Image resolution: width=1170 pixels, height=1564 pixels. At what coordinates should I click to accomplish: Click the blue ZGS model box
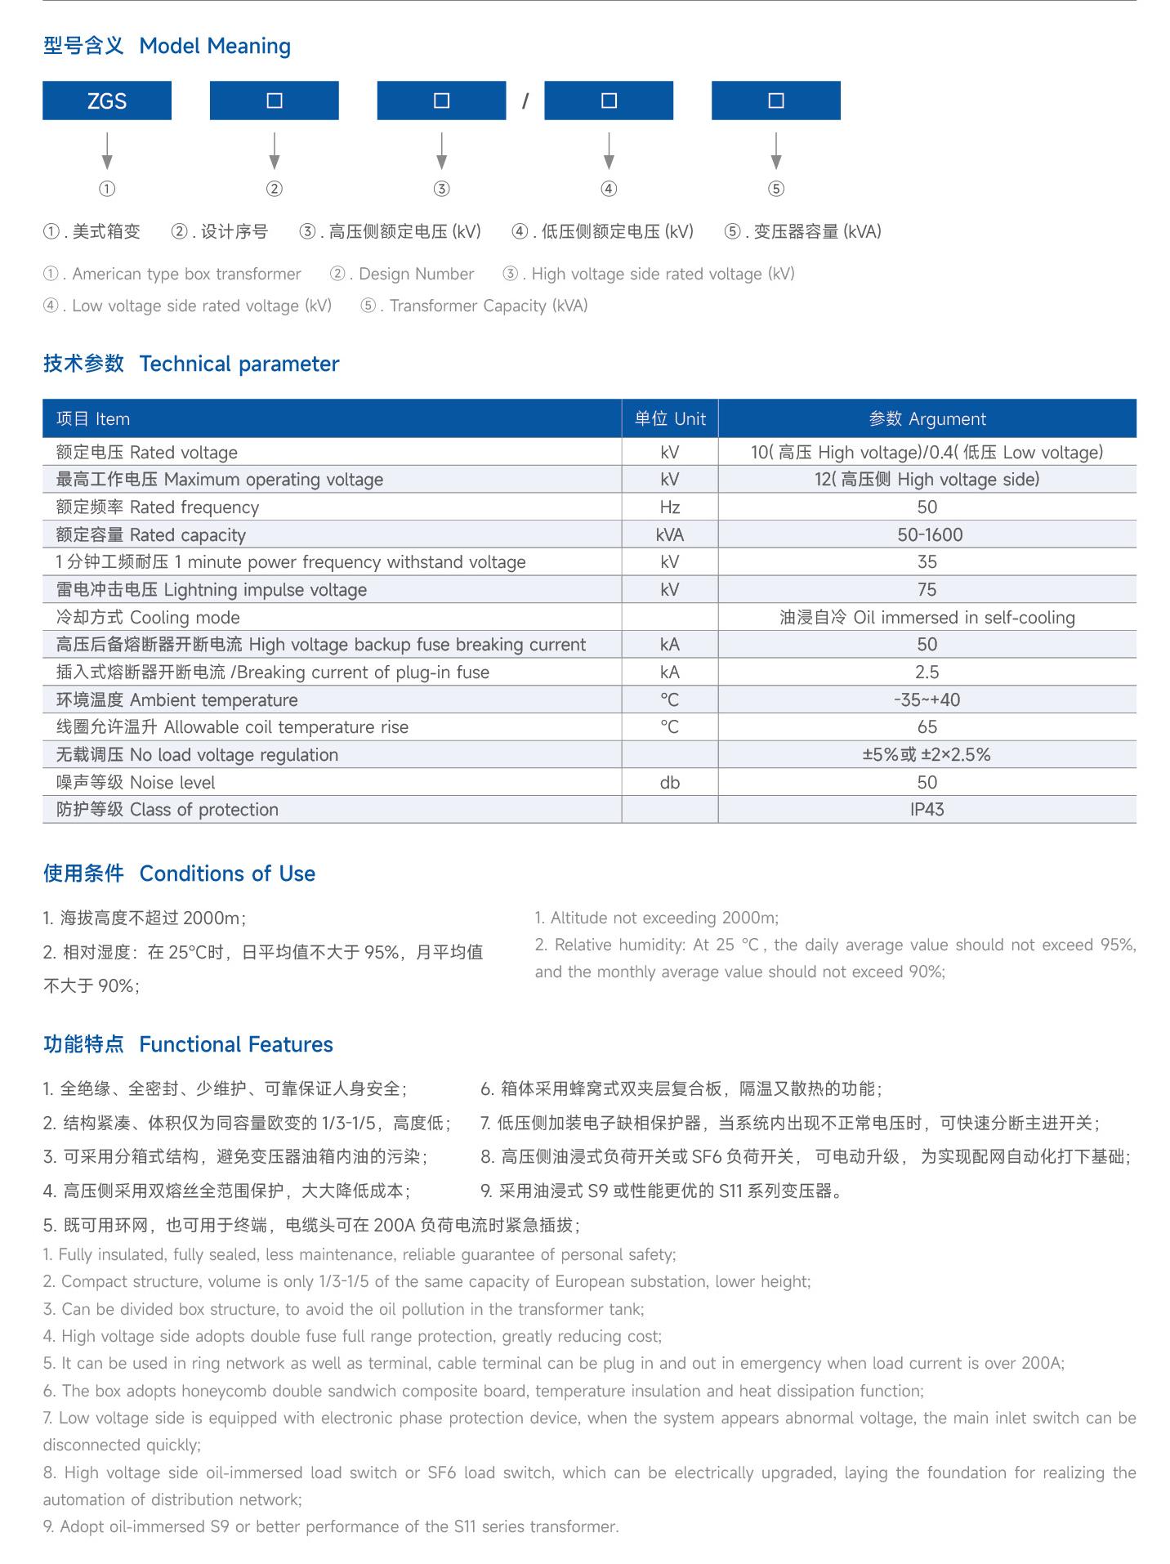pos(107,101)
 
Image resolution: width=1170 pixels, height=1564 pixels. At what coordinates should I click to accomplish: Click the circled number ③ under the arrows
pos(441,189)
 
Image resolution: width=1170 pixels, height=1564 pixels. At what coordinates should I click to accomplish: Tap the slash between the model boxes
pos(525,101)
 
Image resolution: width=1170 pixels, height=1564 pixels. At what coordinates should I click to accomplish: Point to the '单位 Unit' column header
pos(670,419)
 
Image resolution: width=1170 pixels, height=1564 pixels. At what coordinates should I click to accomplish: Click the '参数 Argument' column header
pos(927,419)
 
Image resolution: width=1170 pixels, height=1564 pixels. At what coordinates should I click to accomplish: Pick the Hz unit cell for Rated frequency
pos(670,507)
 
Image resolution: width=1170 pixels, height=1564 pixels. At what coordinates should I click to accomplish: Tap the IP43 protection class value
pos(927,810)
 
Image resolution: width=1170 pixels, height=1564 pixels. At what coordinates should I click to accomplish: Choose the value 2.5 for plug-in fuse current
pos(927,673)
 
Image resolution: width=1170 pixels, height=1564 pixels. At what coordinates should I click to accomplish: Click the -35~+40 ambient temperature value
pos(927,700)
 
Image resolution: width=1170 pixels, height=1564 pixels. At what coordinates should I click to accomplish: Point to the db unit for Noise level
pos(670,783)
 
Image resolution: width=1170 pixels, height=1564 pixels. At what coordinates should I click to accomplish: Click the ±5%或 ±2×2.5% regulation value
pos(927,755)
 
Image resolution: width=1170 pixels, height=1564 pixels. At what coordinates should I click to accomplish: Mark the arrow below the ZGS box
pos(107,151)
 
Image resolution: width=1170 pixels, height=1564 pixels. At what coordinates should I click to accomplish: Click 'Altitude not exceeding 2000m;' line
pos(657,918)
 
